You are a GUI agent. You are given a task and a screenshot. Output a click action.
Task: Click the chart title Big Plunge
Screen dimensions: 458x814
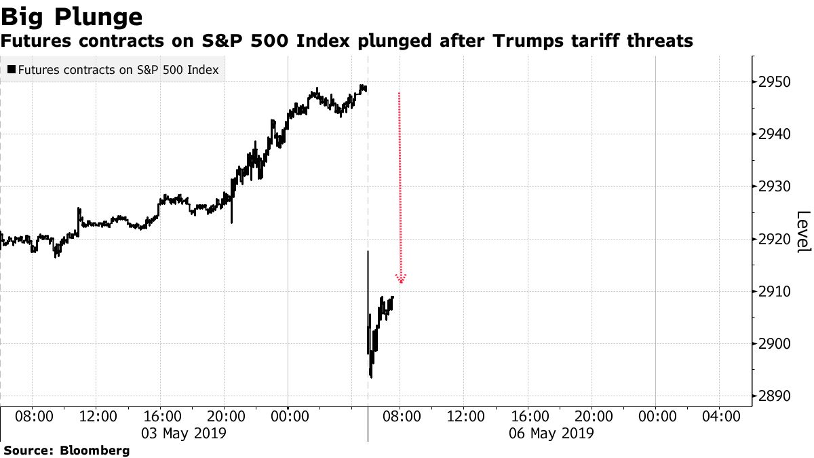pyautogui.click(x=71, y=16)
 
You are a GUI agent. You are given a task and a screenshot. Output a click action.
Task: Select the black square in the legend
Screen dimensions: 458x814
pyautogui.click(x=12, y=69)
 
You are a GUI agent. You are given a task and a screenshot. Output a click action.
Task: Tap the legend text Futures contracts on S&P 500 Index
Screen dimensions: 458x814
pyautogui.click(x=119, y=69)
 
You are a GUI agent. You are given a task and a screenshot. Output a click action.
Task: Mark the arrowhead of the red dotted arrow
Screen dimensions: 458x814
pyautogui.click(x=401, y=279)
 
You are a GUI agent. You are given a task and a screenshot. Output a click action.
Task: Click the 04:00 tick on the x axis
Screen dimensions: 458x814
pyautogui.click(x=720, y=415)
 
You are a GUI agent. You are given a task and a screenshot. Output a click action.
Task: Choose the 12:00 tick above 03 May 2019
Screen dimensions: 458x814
pyautogui.click(x=99, y=415)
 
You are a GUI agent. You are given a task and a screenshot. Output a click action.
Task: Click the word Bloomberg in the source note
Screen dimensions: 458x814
pyautogui.click(x=95, y=450)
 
